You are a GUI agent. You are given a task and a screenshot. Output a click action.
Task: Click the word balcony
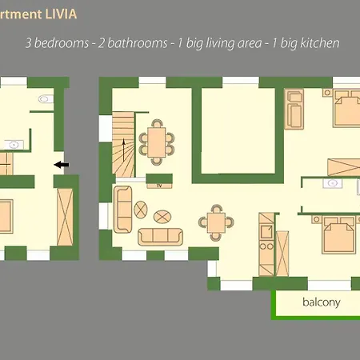tap(322, 302)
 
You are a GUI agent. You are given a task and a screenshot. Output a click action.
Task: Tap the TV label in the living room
tap(159, 185)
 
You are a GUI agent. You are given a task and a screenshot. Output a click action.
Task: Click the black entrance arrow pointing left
tap(62, 165)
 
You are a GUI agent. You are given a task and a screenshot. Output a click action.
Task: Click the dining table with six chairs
tap(157, 141)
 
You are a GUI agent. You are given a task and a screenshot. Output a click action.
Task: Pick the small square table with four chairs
tap(215, 221)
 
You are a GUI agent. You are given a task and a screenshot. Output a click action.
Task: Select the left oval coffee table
tap(142, 210)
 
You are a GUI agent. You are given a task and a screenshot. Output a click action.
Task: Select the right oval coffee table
tap(162, 216)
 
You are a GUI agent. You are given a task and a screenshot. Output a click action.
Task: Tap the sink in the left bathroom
tap(14, 144)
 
